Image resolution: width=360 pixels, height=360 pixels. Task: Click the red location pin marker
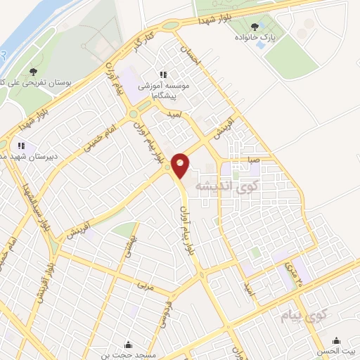[180, 165]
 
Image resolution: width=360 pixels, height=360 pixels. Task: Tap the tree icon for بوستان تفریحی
[32, 72]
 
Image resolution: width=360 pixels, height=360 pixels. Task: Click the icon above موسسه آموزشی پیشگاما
[163, 74]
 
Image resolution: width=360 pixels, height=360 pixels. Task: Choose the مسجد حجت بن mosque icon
[128, 345]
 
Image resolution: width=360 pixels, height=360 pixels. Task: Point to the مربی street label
[145, 287]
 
